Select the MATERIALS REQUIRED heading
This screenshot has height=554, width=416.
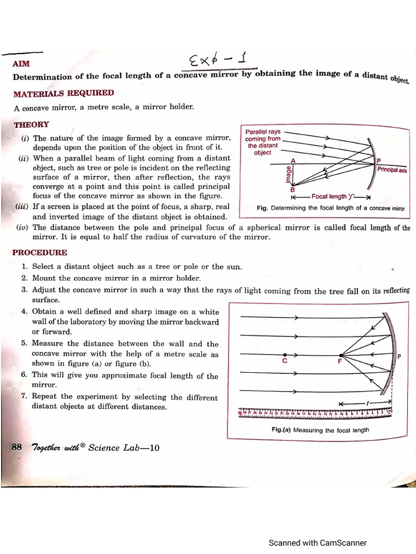point(63,94)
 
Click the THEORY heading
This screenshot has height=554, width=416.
point(31,124)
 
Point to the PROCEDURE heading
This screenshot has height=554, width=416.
point(40,253)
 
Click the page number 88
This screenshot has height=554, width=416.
point(16,447)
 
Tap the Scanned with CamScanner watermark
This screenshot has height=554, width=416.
point(318,543)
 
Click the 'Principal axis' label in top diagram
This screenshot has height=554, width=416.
point(392,169)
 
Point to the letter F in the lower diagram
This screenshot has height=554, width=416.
point(340,361)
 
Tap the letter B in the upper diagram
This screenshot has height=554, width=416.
point(292,190)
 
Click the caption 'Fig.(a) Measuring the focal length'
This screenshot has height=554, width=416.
point(320,430)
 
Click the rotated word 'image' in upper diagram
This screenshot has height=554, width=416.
point(288,174)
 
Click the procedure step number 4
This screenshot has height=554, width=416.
point(24,312)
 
